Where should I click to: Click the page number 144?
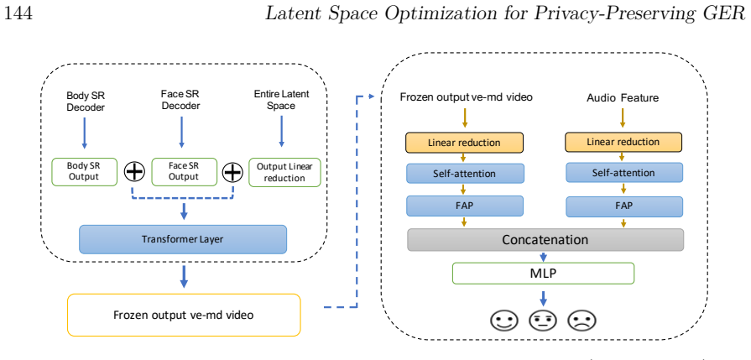point(18,13)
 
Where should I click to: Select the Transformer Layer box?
point(182,239)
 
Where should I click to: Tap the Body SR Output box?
point(84,171)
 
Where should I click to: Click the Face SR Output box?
point(184,171)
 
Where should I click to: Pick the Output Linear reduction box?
point(284,172)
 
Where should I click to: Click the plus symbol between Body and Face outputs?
point(134,171)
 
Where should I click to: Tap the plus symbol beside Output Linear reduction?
point(232,172)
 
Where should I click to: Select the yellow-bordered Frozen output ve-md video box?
point(184,315)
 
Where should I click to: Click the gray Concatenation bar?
point(545,239)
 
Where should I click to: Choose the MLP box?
point(543,274)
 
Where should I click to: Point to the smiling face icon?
point(504,321)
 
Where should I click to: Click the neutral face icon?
point(543,321)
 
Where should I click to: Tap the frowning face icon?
point(582,321)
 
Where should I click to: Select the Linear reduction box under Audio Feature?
point(623,142)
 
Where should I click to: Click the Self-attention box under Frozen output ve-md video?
point(465,174)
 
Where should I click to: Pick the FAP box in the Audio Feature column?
point(624,206)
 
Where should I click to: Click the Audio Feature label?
point(623,98)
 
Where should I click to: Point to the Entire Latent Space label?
point(281,100)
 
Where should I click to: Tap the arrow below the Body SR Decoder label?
point(84,133)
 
